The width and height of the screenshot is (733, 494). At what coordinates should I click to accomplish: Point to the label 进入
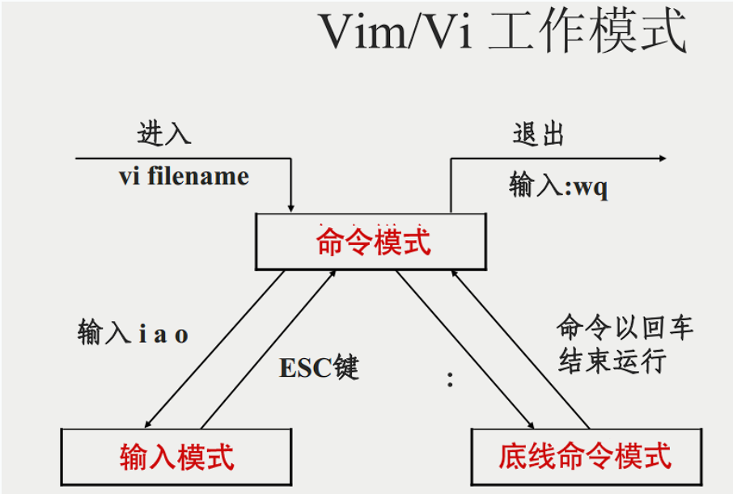[x=164, y=133]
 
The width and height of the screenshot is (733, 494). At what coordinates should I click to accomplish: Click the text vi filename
[x=184, y=176]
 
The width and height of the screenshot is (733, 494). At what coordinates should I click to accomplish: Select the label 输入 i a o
[x=133, y=332]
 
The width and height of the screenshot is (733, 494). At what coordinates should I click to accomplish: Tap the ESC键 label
[x=319, y=368]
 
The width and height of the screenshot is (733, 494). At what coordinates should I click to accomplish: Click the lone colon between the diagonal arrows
[x=450, y=379]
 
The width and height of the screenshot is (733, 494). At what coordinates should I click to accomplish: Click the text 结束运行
[x=612, y=361]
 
